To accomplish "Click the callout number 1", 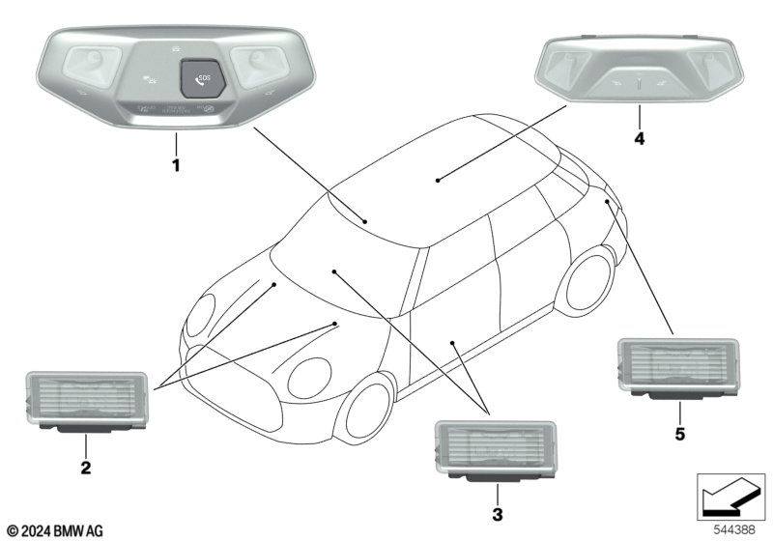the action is [176, 166].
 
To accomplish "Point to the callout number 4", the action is [639, 138].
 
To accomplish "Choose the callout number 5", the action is [679, 435].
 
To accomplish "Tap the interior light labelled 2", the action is [86, 401].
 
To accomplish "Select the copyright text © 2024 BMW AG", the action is [55, 530].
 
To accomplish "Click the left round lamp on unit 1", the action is [93, 65].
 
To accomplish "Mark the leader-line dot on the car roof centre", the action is [438, 179].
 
